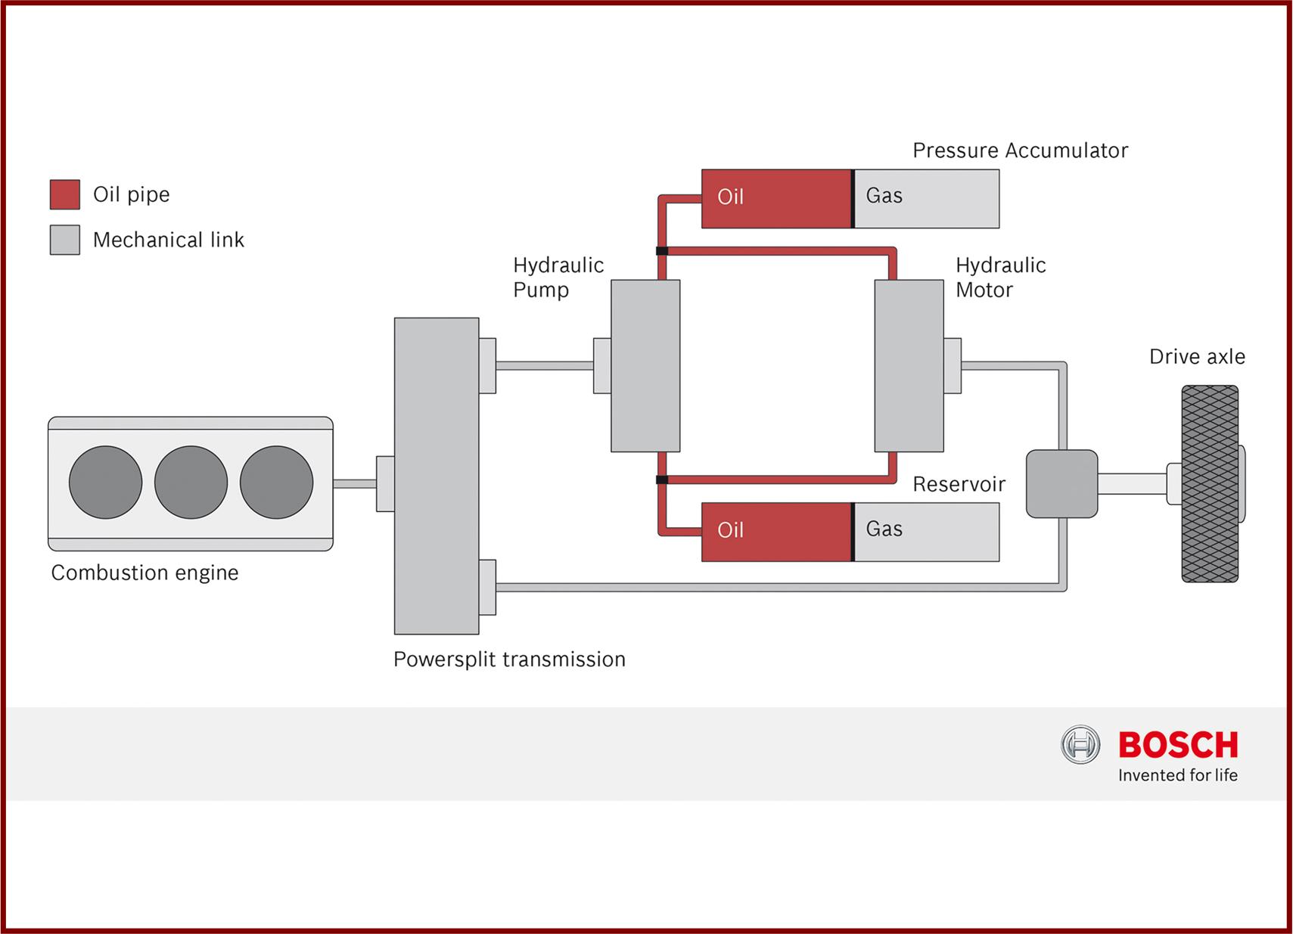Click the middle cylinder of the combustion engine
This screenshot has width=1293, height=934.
(191, 483)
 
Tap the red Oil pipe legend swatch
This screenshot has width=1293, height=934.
(65, 194)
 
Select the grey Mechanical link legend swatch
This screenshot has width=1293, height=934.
(65, 240)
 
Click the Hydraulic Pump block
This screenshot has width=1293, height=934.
(645, 366)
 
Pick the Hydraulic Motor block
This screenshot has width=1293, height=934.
(909, 366)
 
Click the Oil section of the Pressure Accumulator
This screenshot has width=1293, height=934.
(775, 198)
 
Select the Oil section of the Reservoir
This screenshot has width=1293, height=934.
(775, 532)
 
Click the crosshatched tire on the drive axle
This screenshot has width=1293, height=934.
(1210, 484)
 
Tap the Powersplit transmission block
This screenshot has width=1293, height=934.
(437, 476)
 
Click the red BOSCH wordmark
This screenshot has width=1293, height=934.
(1178, 745)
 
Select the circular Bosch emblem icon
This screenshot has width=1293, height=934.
(1080, 745)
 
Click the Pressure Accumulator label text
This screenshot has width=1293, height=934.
(1020, 150)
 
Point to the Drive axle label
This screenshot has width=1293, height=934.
(1197, 357)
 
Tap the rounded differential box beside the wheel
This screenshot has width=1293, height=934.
(1061, 484)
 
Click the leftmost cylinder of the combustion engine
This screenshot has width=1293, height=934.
(105, 483)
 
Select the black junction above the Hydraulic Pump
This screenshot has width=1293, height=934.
(662, 251)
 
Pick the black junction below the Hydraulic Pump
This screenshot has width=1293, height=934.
(662, 479)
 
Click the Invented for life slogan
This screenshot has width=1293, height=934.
(1177, 775)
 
